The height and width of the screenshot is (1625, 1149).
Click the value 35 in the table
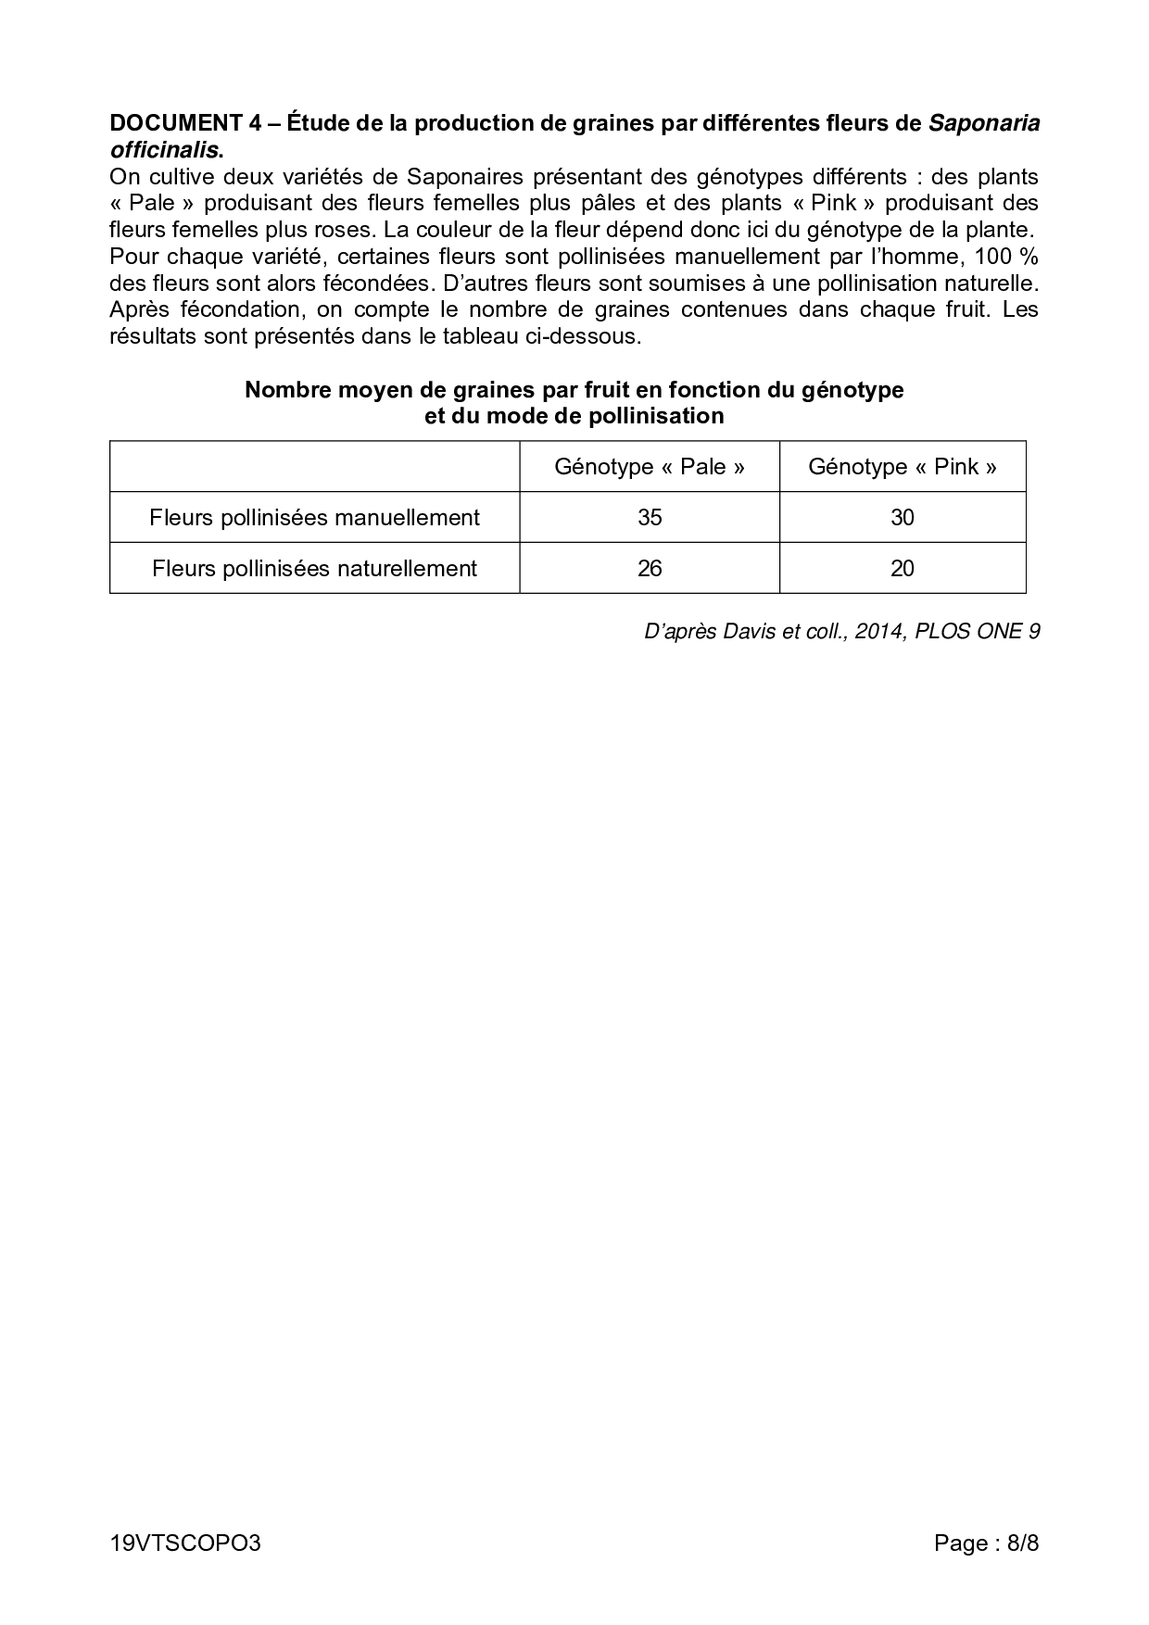coord(650,517)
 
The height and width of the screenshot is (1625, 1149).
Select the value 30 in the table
coord(903,517)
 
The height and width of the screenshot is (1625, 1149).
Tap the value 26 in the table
coord(650,568)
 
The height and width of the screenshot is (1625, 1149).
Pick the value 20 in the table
coord(903,568)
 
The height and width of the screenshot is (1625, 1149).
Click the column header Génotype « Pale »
coord(650,466)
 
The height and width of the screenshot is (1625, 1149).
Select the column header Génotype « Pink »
coord(903,466)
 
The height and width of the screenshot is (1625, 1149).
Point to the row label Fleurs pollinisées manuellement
coord(314,517)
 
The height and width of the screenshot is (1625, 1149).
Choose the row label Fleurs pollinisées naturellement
coord(314,568)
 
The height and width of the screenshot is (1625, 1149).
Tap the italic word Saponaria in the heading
coord(983,123)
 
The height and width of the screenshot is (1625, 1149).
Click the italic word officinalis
coord(165,149)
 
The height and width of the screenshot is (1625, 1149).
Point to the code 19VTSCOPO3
coord(185,1543)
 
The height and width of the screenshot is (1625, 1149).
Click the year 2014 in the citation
coord(880,632)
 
